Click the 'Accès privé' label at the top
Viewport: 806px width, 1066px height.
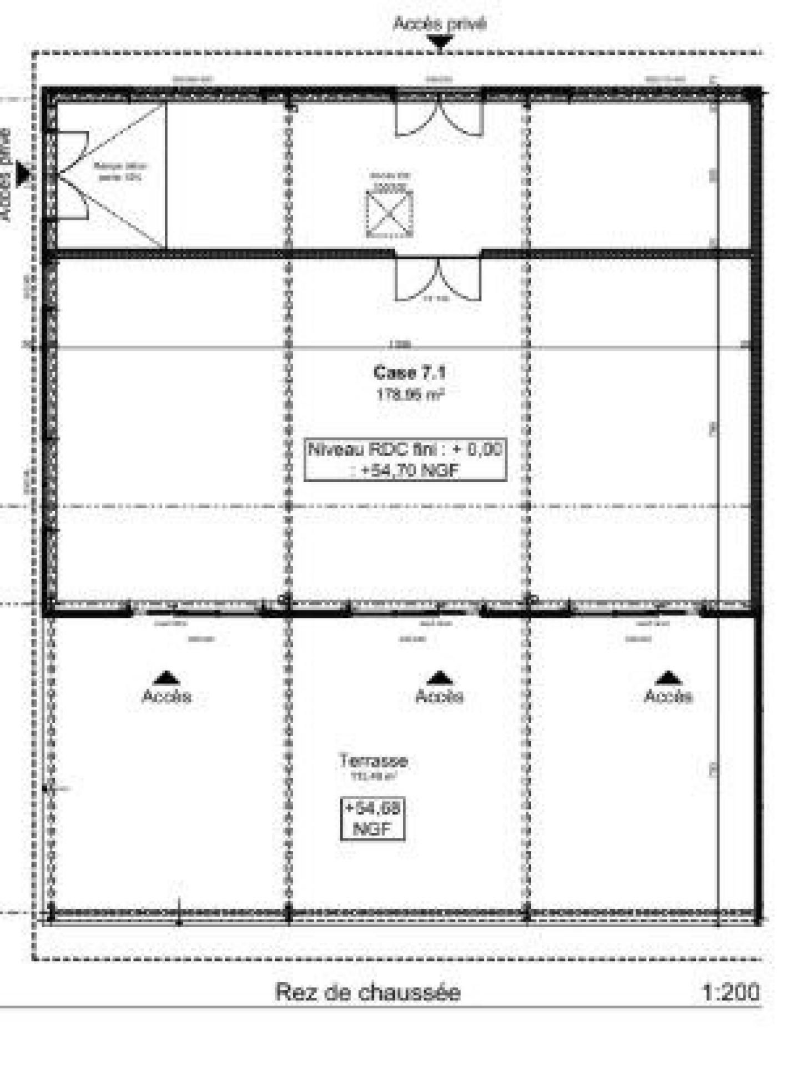(439, 24)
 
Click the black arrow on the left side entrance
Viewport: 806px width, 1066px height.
(23, 174)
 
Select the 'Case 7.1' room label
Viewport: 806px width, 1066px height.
(409, 371)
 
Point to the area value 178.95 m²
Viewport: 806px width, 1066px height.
(409, 394)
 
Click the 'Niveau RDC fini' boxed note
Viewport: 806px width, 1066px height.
(405, 459)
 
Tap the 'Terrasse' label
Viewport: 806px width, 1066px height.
(373, 760)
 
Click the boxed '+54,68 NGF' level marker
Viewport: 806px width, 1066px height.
(372, 819)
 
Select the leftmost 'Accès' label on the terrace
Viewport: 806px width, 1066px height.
(167, 696)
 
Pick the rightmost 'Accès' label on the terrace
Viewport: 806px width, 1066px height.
(668, 696)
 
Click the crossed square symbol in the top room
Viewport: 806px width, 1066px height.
(390, 214)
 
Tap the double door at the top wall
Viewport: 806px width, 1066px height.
(439, 118)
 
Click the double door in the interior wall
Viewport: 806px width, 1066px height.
(438, 279)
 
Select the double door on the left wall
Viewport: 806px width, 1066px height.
(70, 175)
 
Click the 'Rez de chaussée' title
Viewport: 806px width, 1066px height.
(367, 992)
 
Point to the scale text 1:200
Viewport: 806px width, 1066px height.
(731, 992)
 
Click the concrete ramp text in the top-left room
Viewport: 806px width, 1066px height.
(120, 172)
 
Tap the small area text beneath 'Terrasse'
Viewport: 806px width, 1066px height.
(373, 777)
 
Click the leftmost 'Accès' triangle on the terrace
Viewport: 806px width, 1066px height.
(166, 678)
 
